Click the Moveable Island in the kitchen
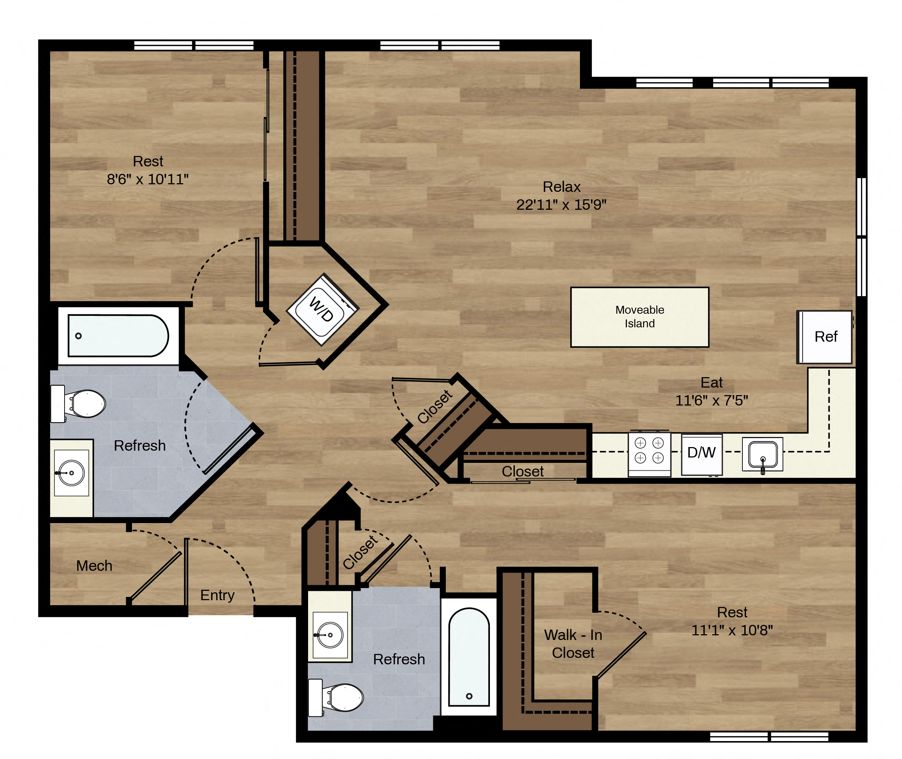639,317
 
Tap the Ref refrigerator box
825,337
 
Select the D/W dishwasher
702,454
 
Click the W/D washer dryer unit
322,309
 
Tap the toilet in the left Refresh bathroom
78,404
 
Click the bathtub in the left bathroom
118,336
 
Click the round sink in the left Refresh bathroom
71,473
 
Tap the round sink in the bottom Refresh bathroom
330,635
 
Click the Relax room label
562,187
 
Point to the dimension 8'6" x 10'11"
148,179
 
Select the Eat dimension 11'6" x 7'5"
711,400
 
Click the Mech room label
94,566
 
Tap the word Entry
217,596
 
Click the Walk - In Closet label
573,644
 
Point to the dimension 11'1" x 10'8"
732,630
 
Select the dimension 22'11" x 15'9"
561,205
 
